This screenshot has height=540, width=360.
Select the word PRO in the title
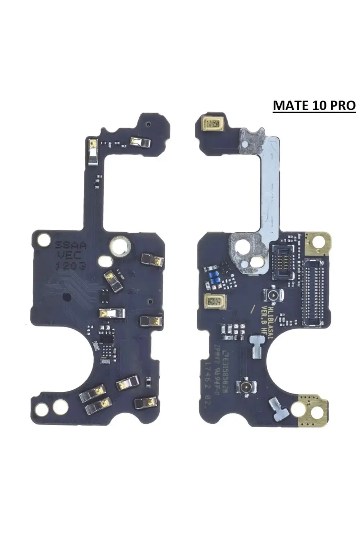click(x=343, y=105)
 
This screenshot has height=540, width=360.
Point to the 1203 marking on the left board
click(x=71, y=266)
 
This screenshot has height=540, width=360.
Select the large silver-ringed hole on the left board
click(x=120, y=246)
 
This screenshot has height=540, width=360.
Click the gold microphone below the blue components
click(x=215, y=301)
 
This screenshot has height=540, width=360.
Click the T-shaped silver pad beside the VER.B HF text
click(x=257, y=345)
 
